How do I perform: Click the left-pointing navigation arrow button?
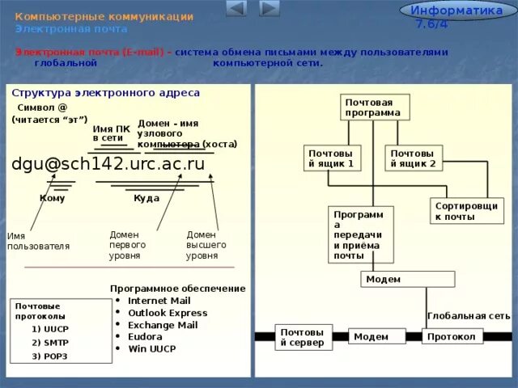[236, 9]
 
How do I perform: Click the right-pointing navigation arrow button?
[270, 9]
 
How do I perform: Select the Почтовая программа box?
[375, 108]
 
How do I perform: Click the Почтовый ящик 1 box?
[333, 158]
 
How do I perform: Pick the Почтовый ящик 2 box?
[414, 158]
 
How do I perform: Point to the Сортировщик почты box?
[466, 211]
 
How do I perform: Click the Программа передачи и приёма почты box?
[360, 234]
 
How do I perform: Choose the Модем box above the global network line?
[404, 280]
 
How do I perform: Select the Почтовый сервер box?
[303, 337]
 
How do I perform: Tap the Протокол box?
[452, 337]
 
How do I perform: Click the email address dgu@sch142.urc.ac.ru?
[108, 164]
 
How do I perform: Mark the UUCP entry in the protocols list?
[50, 329]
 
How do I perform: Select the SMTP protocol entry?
[50, 342]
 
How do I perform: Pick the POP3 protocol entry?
[50, 356]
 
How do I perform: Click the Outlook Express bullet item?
[168, 313]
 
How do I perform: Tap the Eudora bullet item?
[145, 337]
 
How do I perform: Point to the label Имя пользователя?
[38, 241]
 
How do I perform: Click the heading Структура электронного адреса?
[105, 93]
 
